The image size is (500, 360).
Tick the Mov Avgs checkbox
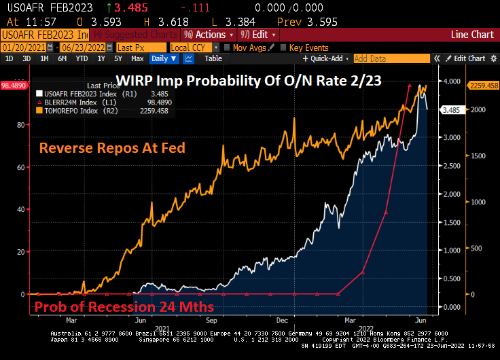[226, 48]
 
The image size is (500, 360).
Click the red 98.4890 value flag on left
[13, 86]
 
